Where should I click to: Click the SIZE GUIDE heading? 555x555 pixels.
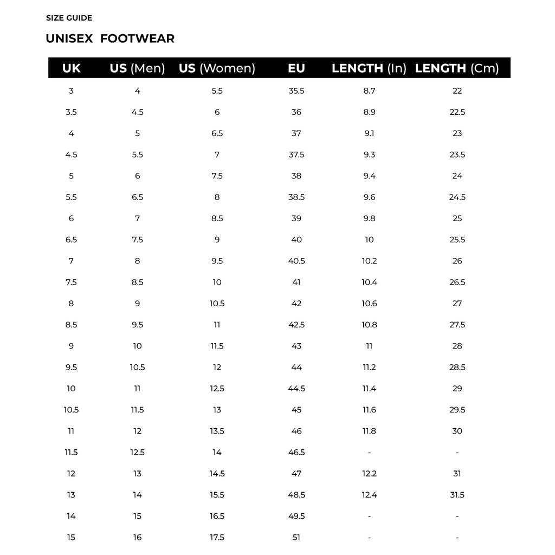coord(69,18)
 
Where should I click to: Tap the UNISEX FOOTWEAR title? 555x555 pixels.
coord(110,38)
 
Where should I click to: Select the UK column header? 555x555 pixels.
coord(71,68)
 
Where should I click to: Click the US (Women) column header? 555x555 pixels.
coord(217,68)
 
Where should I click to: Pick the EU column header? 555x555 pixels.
coord(296,68)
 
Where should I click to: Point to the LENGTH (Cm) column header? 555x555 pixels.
coord(457,68)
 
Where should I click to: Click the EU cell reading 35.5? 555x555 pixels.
coord(296,91)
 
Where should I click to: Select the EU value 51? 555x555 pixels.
coord(296,538)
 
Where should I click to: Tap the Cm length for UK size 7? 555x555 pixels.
coord(457,261)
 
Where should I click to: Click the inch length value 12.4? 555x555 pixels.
coord(369,495)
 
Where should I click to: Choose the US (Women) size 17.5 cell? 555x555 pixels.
coord(217,538)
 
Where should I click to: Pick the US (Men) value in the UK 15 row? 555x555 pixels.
coord(137,538)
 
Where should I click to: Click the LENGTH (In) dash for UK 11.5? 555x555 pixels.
coord(369,453)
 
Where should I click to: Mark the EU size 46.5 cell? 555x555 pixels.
coord(296,453)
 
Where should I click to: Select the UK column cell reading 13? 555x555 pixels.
coord(71,495)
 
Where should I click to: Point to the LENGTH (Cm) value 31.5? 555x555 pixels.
coord(457,495)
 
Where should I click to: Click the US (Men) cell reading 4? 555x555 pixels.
coord(137,91)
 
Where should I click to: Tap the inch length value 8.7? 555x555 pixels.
coord(369,91)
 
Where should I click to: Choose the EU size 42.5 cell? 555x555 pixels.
coord(296,325)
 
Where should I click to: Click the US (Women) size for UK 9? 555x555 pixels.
coord(217,346)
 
